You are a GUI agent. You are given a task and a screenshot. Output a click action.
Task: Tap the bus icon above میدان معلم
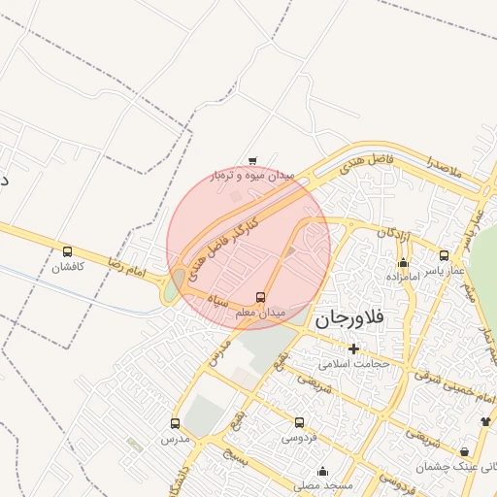point(259,297)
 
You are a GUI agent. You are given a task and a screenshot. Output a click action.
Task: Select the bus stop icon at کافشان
point(66,251)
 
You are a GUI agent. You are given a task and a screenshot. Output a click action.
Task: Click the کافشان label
point(67,266)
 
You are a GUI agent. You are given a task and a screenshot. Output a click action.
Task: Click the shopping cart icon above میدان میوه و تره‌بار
point(252,161)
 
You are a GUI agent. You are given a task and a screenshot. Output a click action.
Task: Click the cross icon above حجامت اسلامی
point(353,348)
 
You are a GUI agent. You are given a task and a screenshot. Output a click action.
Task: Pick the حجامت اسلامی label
point(353,364)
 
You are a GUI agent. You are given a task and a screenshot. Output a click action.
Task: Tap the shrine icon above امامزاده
point(403,262)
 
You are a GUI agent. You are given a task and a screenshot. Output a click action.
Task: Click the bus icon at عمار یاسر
point(444,255)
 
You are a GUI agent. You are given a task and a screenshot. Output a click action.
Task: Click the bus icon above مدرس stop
point(175,423)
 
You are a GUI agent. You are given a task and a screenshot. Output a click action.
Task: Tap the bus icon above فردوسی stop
point(298,423)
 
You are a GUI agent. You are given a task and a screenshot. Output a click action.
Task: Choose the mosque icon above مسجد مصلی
point(322,471)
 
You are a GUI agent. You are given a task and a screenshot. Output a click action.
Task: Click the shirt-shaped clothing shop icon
point(485,421)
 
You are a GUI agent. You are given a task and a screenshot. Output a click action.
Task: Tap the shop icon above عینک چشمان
point(465,452)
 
